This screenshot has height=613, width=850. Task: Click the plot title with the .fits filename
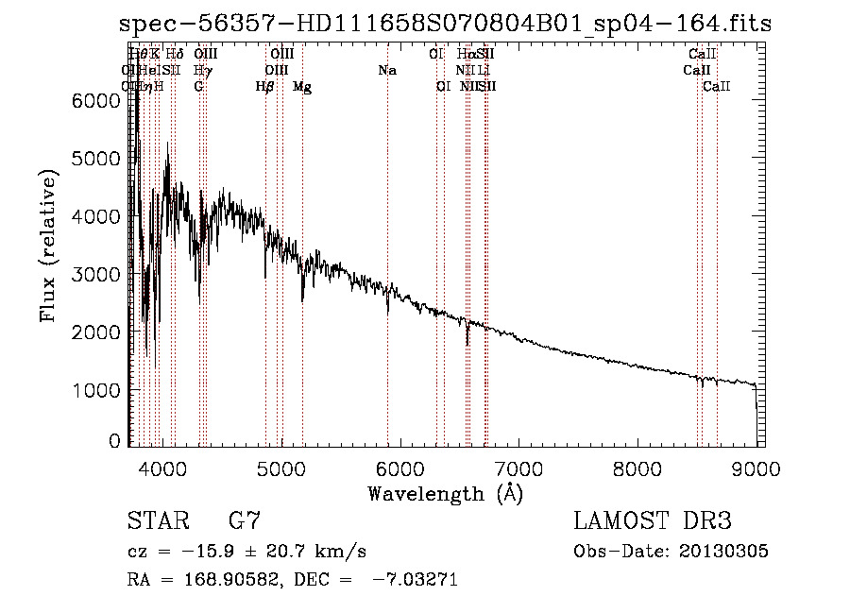[446, 25]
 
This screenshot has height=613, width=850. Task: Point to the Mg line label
[302, 86]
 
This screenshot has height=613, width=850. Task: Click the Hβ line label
[265, 86]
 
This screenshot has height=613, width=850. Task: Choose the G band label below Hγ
[198, 86]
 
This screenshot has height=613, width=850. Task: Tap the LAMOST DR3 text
[653, 521]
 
